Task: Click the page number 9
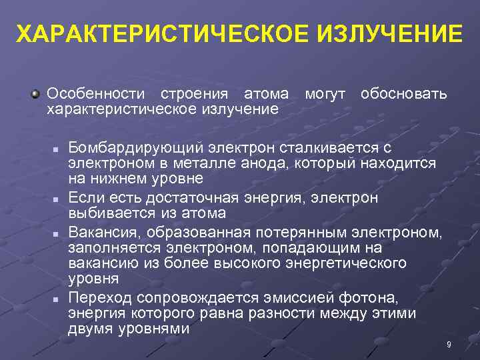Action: (x=449, y=344)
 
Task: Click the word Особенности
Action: (x=94, y=93)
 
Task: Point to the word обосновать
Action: (x=403, y=93)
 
